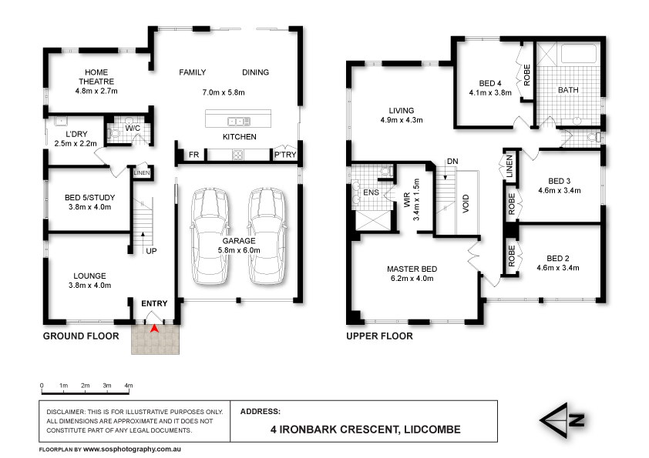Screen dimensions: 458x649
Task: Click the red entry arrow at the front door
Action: click(x=154, y=329)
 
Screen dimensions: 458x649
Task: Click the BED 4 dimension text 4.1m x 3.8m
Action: click(x=490, y=92)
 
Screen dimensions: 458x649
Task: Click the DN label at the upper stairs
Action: click(x=453, y=160)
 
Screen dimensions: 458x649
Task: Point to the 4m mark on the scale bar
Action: click(x=129, y=384)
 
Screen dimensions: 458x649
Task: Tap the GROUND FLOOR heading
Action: click(x=81, y=336)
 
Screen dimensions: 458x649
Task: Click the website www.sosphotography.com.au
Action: click(x=131, y=448)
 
